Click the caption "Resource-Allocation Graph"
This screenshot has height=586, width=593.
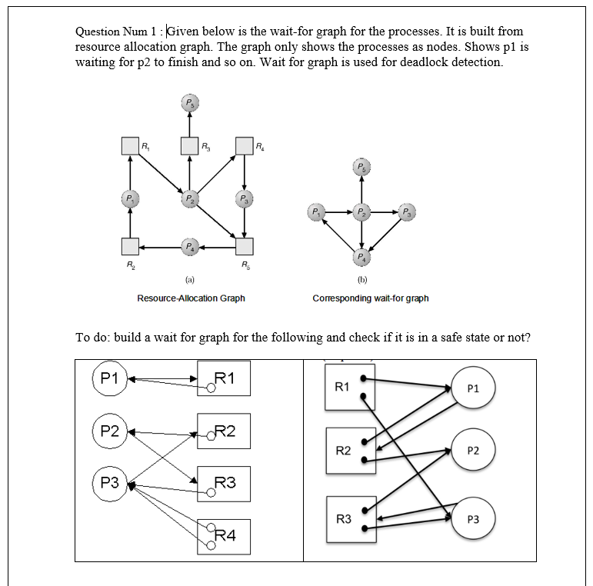pyautogui.click(x=191, y=298)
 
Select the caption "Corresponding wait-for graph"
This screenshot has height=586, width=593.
pyautogui.click(x=371, y=298)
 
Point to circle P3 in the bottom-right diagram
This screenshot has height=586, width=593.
pyautogui.click(x=473, y=519)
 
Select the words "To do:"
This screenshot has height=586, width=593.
pyautogui.click(x=92, y=338)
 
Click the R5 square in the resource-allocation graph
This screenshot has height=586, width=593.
pyautogui.click(x=244, y=246)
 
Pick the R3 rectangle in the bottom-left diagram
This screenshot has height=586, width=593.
pyautogui.click(x=223, y=484)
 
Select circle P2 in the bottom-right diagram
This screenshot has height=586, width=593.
pyautogui.click(x=473, y=451)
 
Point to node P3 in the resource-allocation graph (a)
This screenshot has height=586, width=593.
pyautogui.click(x=244, y=201)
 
